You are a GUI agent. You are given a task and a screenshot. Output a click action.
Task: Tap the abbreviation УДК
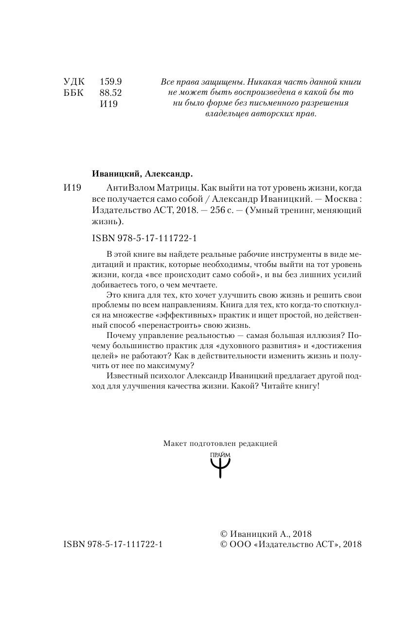click(x=74, y=82)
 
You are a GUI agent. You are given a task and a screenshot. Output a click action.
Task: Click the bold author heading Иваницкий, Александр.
click(x=142, y=174)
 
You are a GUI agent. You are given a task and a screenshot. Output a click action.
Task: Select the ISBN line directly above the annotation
click(x=141, y=239)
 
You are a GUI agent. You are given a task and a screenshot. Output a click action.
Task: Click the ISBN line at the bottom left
click(x=113, y=544)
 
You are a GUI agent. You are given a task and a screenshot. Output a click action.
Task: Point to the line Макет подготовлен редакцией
click(x=220, y=443)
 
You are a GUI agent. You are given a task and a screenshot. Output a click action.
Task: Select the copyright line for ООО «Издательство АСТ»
click(x=291, y=545)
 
